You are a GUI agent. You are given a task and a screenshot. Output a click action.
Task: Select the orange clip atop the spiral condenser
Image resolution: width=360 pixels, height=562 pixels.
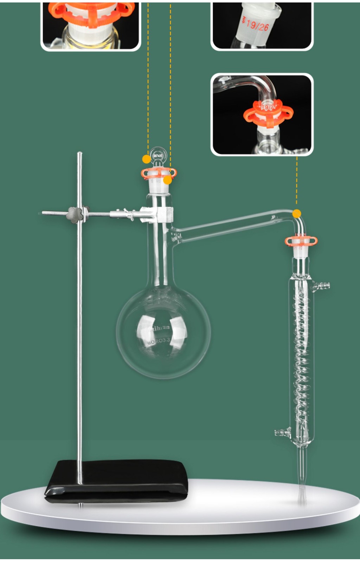(301, 241)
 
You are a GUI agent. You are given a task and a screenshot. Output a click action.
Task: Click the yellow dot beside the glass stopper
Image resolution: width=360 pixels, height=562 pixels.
(146, 159)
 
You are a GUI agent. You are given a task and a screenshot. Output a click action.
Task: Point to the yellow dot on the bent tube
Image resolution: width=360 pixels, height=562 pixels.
(297, 214)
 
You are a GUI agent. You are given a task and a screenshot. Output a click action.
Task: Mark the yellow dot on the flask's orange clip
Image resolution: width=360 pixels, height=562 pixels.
(168, 180)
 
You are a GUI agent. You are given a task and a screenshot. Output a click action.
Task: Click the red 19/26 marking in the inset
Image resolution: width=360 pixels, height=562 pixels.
(256, 24)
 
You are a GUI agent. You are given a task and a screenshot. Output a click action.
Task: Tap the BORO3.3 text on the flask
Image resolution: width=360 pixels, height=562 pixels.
(159, 341)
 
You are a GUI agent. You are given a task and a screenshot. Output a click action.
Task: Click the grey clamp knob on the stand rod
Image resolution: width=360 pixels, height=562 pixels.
(75, 215)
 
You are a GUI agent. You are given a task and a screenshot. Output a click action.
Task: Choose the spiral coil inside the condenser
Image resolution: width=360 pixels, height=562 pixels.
(301, 355)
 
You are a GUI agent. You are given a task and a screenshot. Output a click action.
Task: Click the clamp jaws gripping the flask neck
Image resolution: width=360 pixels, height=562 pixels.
(158, 215)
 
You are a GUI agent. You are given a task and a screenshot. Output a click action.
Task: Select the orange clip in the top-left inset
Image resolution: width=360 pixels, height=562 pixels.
(91, 14)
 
